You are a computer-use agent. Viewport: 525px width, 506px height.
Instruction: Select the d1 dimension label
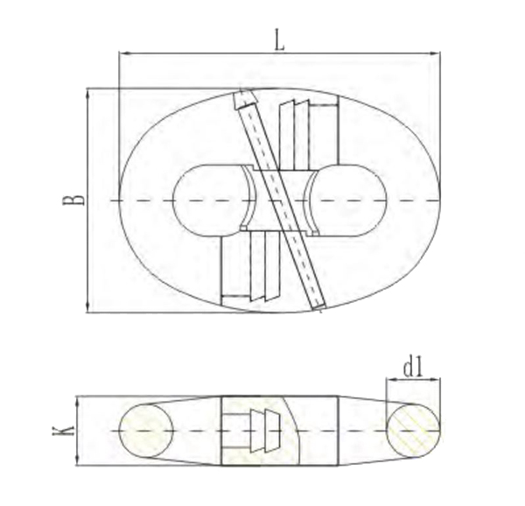click(x=414, y=369)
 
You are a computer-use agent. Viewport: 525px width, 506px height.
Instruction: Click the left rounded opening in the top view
click(x=206, y=200)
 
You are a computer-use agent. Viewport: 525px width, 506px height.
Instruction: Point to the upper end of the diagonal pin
click(x=243, y=98)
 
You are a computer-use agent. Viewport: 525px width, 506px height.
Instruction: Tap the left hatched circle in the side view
click(x=145, y=431)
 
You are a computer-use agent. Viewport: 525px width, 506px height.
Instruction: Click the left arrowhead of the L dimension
click(x=122, y=53)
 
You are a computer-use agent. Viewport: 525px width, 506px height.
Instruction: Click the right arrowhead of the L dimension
click(x=437, y=53)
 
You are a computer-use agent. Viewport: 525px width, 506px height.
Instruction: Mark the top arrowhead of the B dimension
click(x=87, y=92)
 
